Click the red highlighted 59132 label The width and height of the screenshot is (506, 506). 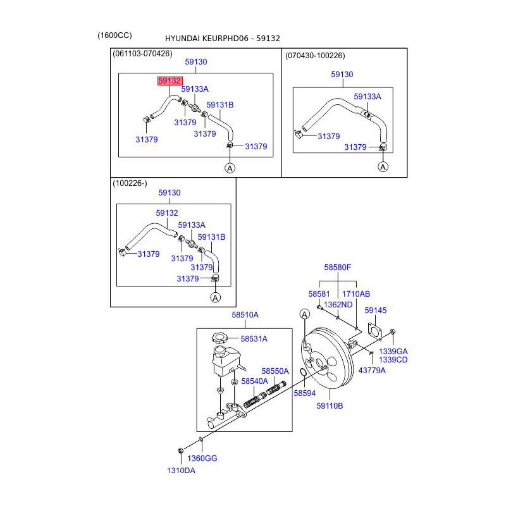pos(170,81)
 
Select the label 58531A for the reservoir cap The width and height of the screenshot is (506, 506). pos(254,339)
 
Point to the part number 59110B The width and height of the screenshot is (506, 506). pos(330,405)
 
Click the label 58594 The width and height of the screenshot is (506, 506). pos(304,393)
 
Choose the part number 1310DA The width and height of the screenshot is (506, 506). pos(181,470)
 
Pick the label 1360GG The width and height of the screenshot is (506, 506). pos(202,458)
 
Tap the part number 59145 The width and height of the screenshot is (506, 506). pos(376,311)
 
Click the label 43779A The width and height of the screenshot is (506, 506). pos(372,370)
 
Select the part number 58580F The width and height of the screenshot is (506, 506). pos(338,268)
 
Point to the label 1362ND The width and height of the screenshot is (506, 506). pos(338,304)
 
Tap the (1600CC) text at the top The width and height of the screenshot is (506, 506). pos(115,35)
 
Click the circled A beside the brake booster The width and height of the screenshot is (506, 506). pos(304,314)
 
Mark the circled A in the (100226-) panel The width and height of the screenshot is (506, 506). pos(215,297)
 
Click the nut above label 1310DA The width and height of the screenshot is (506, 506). pos(180,451)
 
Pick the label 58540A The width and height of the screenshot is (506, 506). pos(256,381)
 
